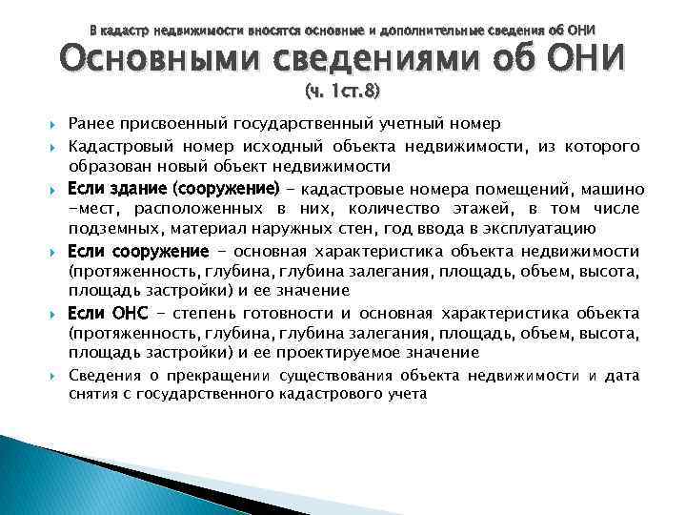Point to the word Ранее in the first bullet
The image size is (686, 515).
91,124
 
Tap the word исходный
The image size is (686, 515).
295,146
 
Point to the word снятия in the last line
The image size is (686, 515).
91,394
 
